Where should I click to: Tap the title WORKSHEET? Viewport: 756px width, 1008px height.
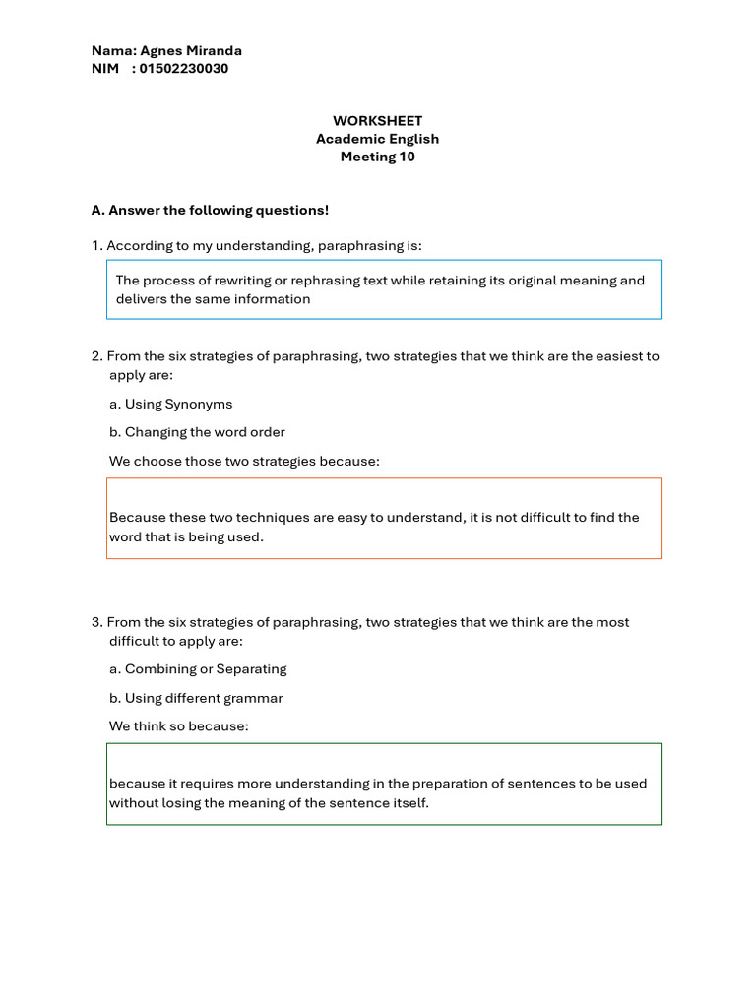point(377,120)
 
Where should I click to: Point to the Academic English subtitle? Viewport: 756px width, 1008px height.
point(377,139)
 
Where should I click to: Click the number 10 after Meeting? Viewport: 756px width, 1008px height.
point(407,157)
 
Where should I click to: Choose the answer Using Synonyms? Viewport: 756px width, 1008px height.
point(178,404)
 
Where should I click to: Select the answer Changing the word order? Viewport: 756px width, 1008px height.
point(205,432)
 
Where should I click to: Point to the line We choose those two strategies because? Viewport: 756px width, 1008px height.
point(244,461)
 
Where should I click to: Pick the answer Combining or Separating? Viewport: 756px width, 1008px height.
point(206,669)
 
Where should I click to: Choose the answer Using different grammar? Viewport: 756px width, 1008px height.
point(204,698)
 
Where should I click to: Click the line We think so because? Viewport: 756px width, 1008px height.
point(179,726)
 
